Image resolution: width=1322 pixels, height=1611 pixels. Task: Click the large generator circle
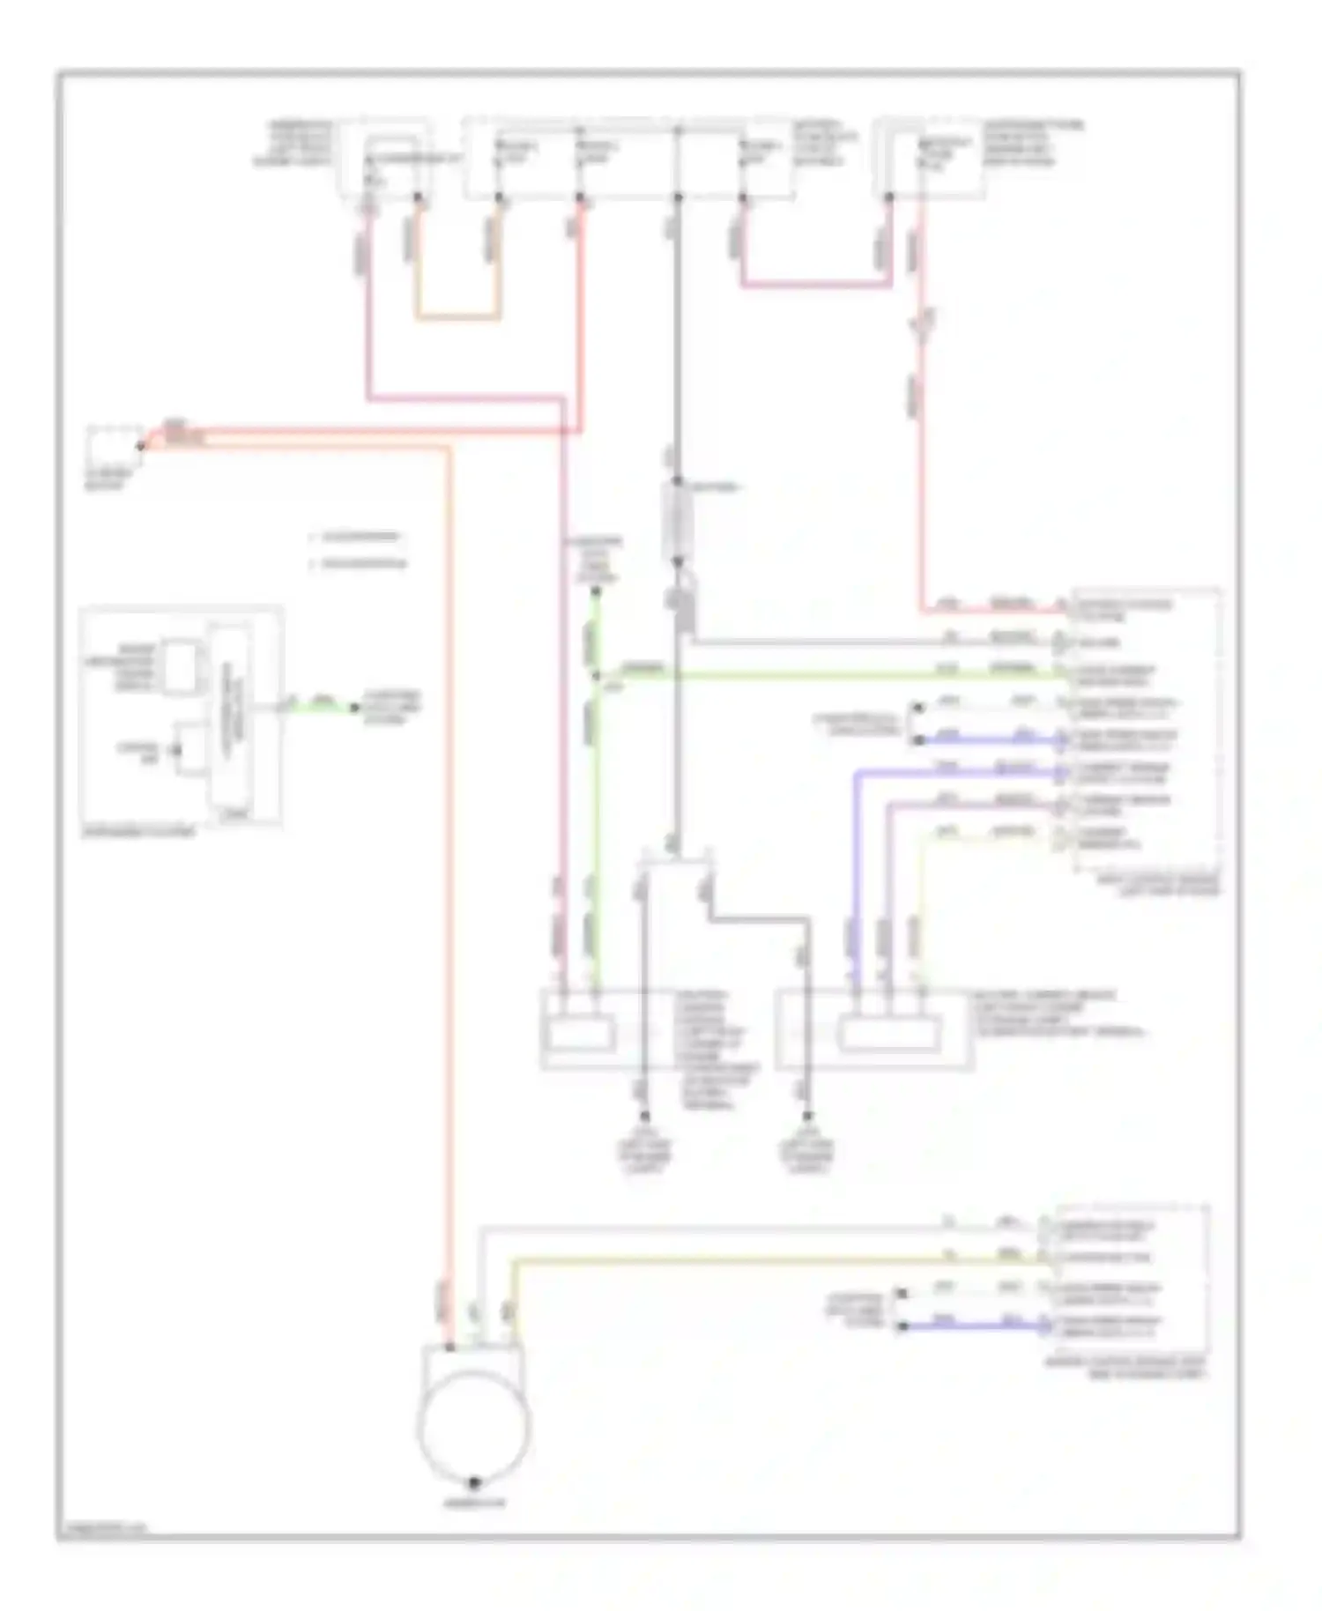tap(474, 1425)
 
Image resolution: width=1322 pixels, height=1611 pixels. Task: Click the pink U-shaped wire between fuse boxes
tap(815, 284)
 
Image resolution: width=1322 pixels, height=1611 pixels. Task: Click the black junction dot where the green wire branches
tap(597, 676)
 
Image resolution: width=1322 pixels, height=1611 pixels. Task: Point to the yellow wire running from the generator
tap(776, 1261)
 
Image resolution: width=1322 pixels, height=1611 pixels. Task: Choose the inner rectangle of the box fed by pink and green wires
tap(579, 1033)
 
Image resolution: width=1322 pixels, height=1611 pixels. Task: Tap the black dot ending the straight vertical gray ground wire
tap(643, 1117)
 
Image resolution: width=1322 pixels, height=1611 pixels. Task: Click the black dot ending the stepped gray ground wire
tap(807, 1117)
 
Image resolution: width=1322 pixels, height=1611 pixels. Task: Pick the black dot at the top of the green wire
tap(597, 591)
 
